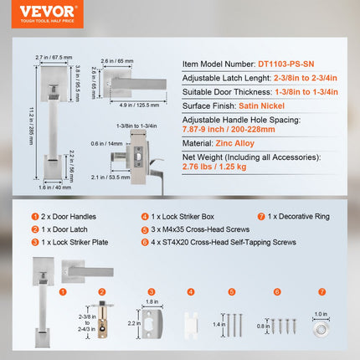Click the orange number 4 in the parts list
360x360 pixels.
coord(145,215)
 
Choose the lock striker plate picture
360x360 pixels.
coord(152,319)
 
